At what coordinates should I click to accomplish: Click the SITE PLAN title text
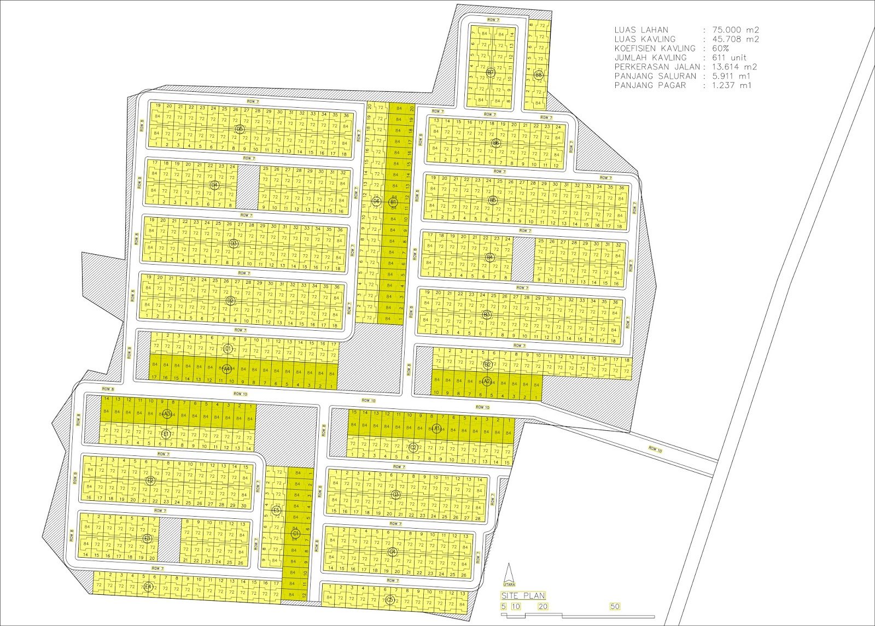pyautogui.click(x=523, y=595)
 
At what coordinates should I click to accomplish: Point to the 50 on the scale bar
pyautogui.click(x=615, y=606)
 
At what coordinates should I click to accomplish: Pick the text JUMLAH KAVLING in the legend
pyautogui.click(x=650, y=57)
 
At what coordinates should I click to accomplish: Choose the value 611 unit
pyautogui.click(x=729, y=57)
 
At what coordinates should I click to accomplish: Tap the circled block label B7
pyautogui.click(x=491, y=73)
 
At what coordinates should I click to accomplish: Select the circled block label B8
pyautogui.click(x=539, y=74)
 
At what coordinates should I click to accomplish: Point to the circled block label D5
pyautogui.click(x=239, y=129)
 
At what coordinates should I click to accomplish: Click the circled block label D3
pyautogui.click(x=234, y=243)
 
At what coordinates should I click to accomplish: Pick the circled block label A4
pyautogui.click(x=226, y=369)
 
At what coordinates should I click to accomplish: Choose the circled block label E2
pyautogui.click(x=150, y=480)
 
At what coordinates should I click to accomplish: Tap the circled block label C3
pyautogui.click(x=396, y=495)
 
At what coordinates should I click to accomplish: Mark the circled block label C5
pyautogui.click(x=389, y=600)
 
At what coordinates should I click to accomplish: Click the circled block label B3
pyautogui.click(x=487, y=315)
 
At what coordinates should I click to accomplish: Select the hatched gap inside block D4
pyautogui.click(x=247, y=186)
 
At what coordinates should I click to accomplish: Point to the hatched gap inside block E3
pyautogui.click(x=170, y=539)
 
